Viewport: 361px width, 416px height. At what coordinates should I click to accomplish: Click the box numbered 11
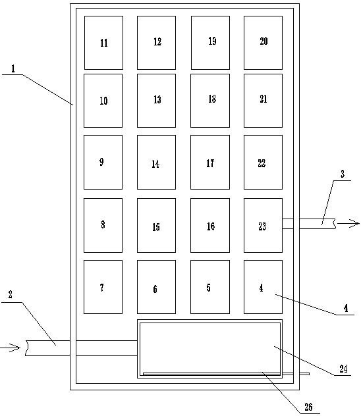[103, 43]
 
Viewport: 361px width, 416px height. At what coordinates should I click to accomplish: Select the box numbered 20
[263, 43]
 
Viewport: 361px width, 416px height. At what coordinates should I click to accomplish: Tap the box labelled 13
[156, 101]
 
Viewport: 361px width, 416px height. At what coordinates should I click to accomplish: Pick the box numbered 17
[210, 162]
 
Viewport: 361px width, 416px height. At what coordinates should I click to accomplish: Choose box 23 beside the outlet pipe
[263, 225]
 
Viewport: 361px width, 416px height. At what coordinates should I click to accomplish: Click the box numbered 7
[103, 287]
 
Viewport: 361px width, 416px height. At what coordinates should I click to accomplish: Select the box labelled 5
[210, 287]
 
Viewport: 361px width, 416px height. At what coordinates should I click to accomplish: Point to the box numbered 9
[103, 162]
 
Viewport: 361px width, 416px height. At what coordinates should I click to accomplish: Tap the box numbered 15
[156, 225]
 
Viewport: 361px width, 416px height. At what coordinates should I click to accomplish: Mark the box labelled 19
[210, 43]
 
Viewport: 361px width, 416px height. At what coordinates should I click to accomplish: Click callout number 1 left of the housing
[13, 69]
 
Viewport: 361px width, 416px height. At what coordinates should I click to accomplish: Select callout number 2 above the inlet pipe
[11, 294]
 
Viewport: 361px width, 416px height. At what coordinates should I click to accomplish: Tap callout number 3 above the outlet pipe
[343, 174]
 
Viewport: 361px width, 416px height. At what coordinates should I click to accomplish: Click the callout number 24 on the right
[343, 369]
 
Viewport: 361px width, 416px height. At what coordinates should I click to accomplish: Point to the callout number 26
[308, 407]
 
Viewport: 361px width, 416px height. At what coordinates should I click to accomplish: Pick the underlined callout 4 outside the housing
[346, 308]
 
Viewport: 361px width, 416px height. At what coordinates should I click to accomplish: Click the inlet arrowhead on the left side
[15, 348]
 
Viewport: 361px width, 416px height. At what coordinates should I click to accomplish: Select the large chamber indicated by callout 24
[210, 349]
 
